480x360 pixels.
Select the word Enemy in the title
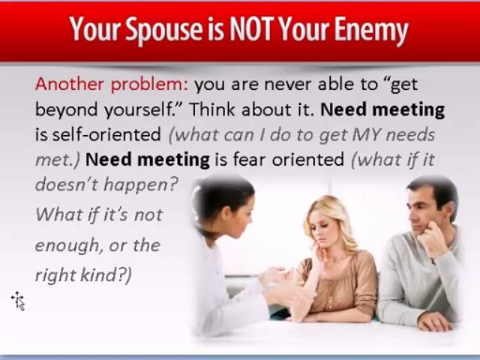tap(371, 30)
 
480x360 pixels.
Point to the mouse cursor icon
tap(18, 300)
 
